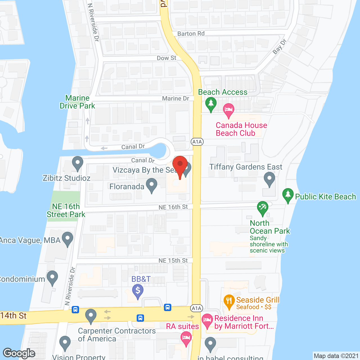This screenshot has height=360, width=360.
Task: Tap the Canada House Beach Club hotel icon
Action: pos(228,110)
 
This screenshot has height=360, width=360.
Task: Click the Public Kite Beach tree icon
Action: pos(288,195)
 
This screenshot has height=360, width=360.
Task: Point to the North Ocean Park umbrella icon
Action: pos(262,208)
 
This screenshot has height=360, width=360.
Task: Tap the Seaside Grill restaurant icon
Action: pos(229,301)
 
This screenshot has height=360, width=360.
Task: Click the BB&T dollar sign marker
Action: pos(138,291)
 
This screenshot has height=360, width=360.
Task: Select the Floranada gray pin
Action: pos(152,185)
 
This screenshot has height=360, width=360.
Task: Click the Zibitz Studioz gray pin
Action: pos(77,163)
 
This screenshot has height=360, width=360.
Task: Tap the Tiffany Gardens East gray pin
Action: pos(269,179)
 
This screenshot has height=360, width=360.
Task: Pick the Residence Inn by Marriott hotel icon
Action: pos(207,321)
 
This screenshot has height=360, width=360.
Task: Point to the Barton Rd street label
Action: pos(191,34)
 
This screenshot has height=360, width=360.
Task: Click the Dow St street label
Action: pos(166,58)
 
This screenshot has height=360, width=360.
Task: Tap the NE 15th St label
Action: pos(173,261)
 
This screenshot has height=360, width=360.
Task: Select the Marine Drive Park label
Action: pos(77,102)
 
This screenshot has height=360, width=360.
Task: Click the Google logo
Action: pos(19,353)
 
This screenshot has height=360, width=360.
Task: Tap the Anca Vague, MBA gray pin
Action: pos(67,239)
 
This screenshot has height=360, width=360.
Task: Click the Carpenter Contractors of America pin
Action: pos(91,316)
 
